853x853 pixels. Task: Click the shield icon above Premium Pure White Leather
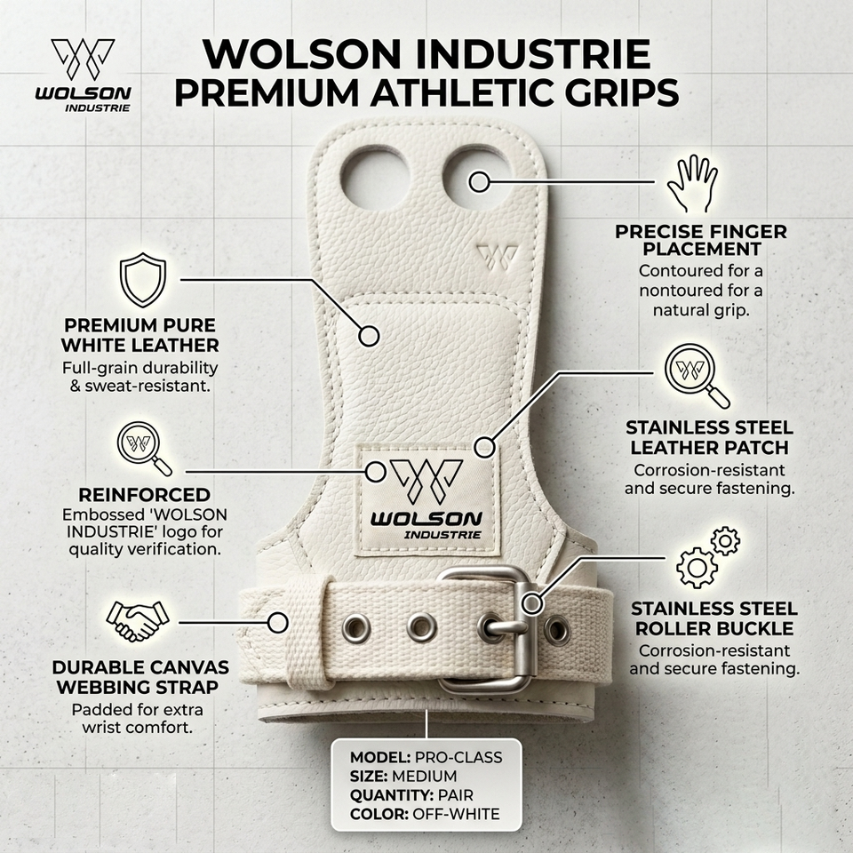[143, 280]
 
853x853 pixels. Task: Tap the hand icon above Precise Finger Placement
[692, 183]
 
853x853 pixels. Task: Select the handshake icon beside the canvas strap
[138, 621]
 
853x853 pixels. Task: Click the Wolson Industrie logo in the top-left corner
[84, 75]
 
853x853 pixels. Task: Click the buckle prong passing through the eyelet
[505, 628]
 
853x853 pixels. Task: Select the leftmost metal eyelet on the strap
[356, 629]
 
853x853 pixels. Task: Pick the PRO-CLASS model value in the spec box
[458, 757]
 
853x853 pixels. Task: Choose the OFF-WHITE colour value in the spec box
[456, 814]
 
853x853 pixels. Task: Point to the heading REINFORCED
[144, 495]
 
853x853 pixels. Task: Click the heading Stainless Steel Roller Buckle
[714, 618]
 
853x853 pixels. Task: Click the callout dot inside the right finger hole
[479, 181]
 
